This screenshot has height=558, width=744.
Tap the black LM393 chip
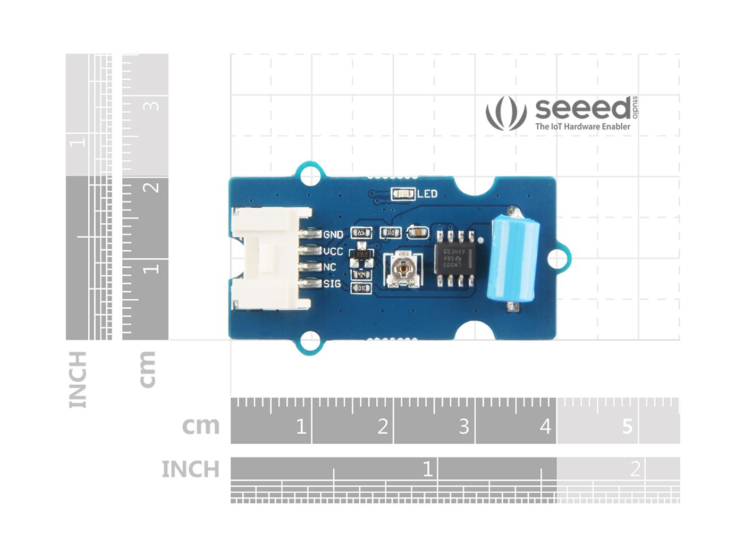(x=455, y=258)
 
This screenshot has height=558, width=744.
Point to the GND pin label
(x=333, y=234)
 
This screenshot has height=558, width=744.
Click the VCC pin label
(x=333, y=251)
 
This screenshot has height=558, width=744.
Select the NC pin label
(x=330, y=267)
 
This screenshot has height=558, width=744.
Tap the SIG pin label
(x=332, y=284)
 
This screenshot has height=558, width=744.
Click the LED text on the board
(x=427, y=194)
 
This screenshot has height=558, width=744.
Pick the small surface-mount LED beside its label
(x=403, y=194)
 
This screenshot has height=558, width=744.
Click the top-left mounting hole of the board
(x=310, y=176)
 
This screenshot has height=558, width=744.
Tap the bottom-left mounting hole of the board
(x=310, y=341)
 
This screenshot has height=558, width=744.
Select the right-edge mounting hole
(x=556, y=259)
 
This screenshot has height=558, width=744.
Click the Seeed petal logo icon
(x=505, y=113)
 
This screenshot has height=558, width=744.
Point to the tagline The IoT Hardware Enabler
(x=582, y=126)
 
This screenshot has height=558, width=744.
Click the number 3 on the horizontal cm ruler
(x=464, y=426)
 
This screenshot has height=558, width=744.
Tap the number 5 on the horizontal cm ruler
(x=627, y=426)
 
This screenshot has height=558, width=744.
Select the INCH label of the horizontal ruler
(x=190, y=469)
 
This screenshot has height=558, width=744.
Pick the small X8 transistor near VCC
(x=362, y=255)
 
